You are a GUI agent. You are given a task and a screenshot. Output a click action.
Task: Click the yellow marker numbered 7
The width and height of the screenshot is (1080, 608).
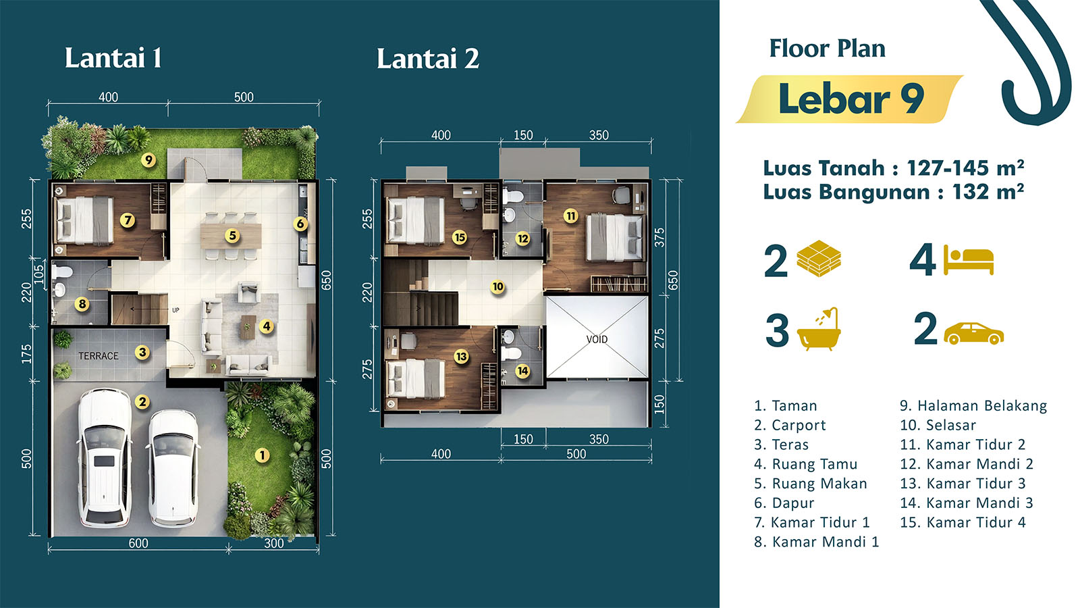click(x=128, y=220)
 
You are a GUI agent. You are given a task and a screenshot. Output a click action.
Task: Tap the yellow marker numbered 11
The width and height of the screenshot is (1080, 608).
click(x=571, y=216)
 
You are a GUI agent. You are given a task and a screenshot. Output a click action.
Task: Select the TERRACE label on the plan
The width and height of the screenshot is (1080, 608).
click(x=99, y=356)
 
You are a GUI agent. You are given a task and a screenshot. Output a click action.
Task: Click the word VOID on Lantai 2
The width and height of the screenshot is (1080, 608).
click(x=597, y=339)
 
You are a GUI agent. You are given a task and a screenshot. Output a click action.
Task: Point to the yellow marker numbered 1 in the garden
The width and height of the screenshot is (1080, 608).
click(x=263, y=455)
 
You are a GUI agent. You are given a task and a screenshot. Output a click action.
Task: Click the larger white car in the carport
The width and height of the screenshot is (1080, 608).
click(x=105, y=458)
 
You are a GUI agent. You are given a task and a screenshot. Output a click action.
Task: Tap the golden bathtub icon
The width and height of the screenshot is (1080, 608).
click(x=819, y=328)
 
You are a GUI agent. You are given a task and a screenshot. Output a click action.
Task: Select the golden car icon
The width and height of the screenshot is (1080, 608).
click(x=973, y=334)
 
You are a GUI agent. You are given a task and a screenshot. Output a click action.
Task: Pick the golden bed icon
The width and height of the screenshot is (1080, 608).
click(x=968, y=260)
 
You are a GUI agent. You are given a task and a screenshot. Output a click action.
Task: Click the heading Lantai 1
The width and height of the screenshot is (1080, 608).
click(x=113, y=58)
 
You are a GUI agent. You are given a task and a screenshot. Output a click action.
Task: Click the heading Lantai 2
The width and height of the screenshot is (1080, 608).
click(x=428, y=58)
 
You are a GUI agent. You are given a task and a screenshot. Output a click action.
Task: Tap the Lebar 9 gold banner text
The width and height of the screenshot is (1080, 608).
click(x=851, y=99)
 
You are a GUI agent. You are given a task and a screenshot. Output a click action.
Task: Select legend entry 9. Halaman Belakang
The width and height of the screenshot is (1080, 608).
click(x=973, y=406)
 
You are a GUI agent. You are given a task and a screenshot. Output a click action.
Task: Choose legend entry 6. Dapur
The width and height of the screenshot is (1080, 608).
click(x=784, y=503)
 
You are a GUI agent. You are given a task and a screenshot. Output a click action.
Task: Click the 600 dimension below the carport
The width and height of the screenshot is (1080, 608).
click(x=138, y=543)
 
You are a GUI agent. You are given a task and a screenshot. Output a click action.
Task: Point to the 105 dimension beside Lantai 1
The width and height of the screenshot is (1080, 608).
click(x=38, y=274)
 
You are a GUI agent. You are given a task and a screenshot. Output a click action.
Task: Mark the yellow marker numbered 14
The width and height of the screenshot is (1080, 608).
click(x=522, y=371)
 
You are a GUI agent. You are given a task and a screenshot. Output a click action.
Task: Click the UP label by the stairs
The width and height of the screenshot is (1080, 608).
click(x=175, y=310)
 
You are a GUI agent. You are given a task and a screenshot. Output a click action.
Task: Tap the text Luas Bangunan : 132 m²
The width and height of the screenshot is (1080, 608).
click(x=894, y=192)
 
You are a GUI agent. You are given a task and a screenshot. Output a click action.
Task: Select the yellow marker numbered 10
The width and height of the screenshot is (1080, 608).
click(x=497, y=287)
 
